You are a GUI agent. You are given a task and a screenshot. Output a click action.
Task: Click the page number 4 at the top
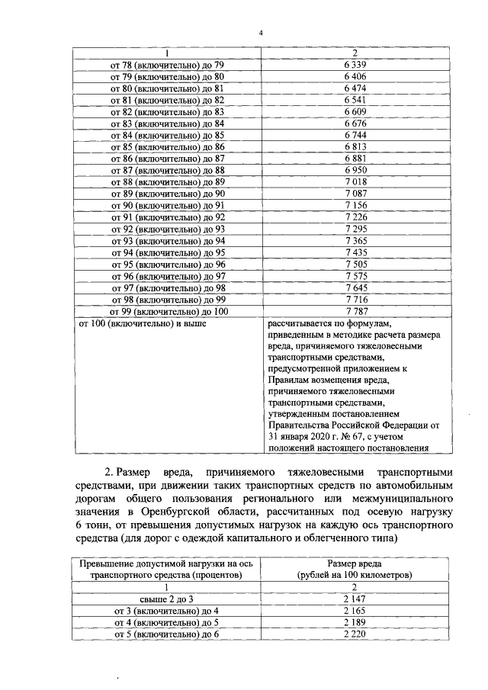260,34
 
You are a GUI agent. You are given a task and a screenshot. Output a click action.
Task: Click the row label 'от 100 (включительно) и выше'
143,323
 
